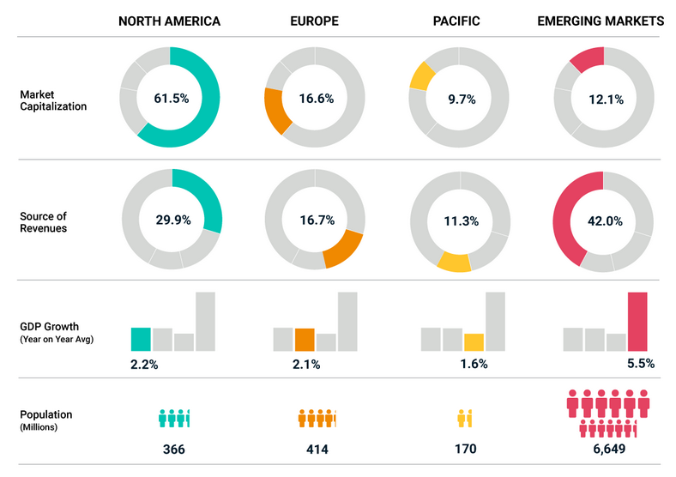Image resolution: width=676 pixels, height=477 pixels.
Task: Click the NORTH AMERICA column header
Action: coord(169,21)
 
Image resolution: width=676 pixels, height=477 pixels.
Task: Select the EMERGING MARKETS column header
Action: coord(601,21)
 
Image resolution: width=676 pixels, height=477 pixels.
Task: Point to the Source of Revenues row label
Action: coord(43,221)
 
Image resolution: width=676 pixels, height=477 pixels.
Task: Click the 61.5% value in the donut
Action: coord(171,99)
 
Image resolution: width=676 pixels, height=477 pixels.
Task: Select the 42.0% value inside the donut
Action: coord(604,220)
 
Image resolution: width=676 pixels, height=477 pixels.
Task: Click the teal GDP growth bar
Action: coord(141,339)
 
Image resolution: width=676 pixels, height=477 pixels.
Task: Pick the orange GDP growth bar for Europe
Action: coord(305,339)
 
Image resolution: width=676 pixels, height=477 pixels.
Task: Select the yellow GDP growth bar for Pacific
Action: coord(474,341)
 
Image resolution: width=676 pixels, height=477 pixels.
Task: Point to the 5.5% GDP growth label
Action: coord(639,364)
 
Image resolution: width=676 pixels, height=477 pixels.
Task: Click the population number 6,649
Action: coord(606,449)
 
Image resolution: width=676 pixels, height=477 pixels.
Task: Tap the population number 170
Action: coord(465,449)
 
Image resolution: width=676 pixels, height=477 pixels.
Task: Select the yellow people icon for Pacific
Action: coord(465,419)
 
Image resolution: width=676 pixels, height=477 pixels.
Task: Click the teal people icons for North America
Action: coord(173,419)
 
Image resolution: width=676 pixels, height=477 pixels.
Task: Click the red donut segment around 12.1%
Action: coord(586,59)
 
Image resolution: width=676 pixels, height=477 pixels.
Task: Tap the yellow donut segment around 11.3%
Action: coord(454,262)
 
